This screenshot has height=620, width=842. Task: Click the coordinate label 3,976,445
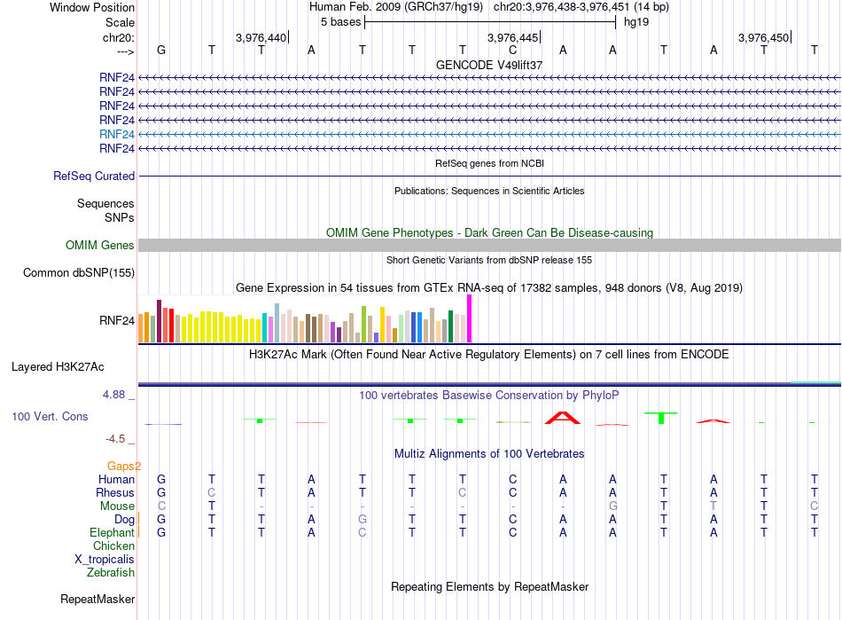pyautogui.click(x=512, y=37)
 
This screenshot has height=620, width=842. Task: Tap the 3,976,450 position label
pyautogui.click(x=763, y=37)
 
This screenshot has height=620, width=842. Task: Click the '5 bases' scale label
pyautogui.click(x=341, y=22)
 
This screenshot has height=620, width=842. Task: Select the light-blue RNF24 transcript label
pyautogui.click(x=117, y=134)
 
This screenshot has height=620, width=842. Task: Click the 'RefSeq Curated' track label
pyautogui.click(x=94, y=177)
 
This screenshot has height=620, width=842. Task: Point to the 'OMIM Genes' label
pyautogui.click(x=100, y=246)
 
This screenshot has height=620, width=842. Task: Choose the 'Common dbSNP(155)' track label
pyautogui.click(x=79, y=273)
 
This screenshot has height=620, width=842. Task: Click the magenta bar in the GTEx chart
pyautogui.click(x=470, y=318)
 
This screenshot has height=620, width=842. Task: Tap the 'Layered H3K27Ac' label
pyautogui.click(x=58, y=367)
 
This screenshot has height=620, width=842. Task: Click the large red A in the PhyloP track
pyautogui.click(x=563, y=418)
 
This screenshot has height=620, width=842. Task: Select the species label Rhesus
pyautogui.click(x=115, y=492)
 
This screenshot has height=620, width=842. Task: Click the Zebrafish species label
pyautogui.click(x=111, y=573)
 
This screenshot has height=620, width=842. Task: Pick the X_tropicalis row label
pyautogui.click(x=105, y=560)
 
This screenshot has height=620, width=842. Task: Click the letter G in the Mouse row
pyautogui.click(x=612, y=506)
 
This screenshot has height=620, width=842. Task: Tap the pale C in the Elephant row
pyautogui.click(x=363, y=532)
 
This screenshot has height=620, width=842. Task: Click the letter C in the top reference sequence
pyautogui.click(x=513, y=50)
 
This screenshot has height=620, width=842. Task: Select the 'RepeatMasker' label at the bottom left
pyautogui.click(x=97, y=599)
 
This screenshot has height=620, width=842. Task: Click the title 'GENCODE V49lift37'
pyautogui.click(x=489, y=65)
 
